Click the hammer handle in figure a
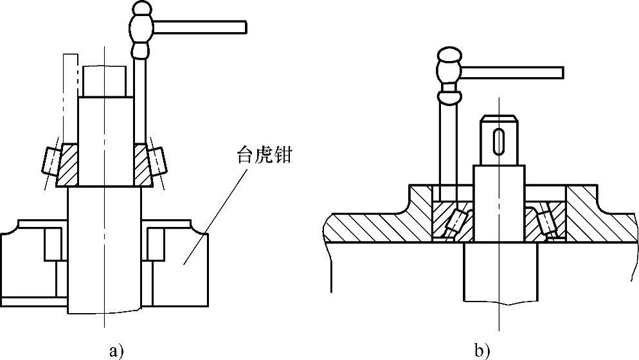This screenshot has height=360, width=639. pyautogui.click(x=199, y=26)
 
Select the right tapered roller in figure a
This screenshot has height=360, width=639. pyautogui.click(x=156, y=160)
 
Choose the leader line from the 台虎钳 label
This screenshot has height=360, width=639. pyautogui.click(x=212, y=212)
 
